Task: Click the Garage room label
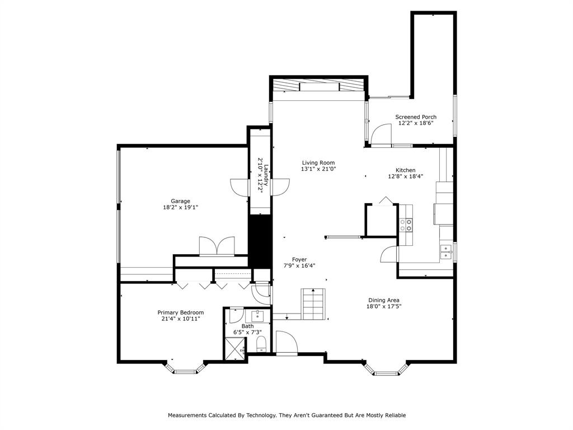[x=181, y=201]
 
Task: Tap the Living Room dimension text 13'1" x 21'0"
[x=318, y=169]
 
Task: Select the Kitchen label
[x=406, y=170]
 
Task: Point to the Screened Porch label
[x=416, y=117]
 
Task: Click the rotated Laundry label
[x=266, y=175]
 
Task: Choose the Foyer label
[x=299, y=260]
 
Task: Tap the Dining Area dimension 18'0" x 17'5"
[x=384, y=306]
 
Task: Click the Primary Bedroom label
[x=181, y=312]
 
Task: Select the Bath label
[x=247, y=326]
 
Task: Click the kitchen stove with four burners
[x=406, y=225]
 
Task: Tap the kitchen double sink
[x=446, y=252]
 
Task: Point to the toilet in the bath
[x=261, y=344]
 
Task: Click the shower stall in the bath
[x=235, y=349]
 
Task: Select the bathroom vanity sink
[x=257, y=316]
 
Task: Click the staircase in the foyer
[x=313, y=303]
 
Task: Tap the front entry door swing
[x=286, y=343]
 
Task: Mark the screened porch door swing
[x=381, y=134]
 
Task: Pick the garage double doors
[x=217, y=246]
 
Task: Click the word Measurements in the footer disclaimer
[x=187, y=415]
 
